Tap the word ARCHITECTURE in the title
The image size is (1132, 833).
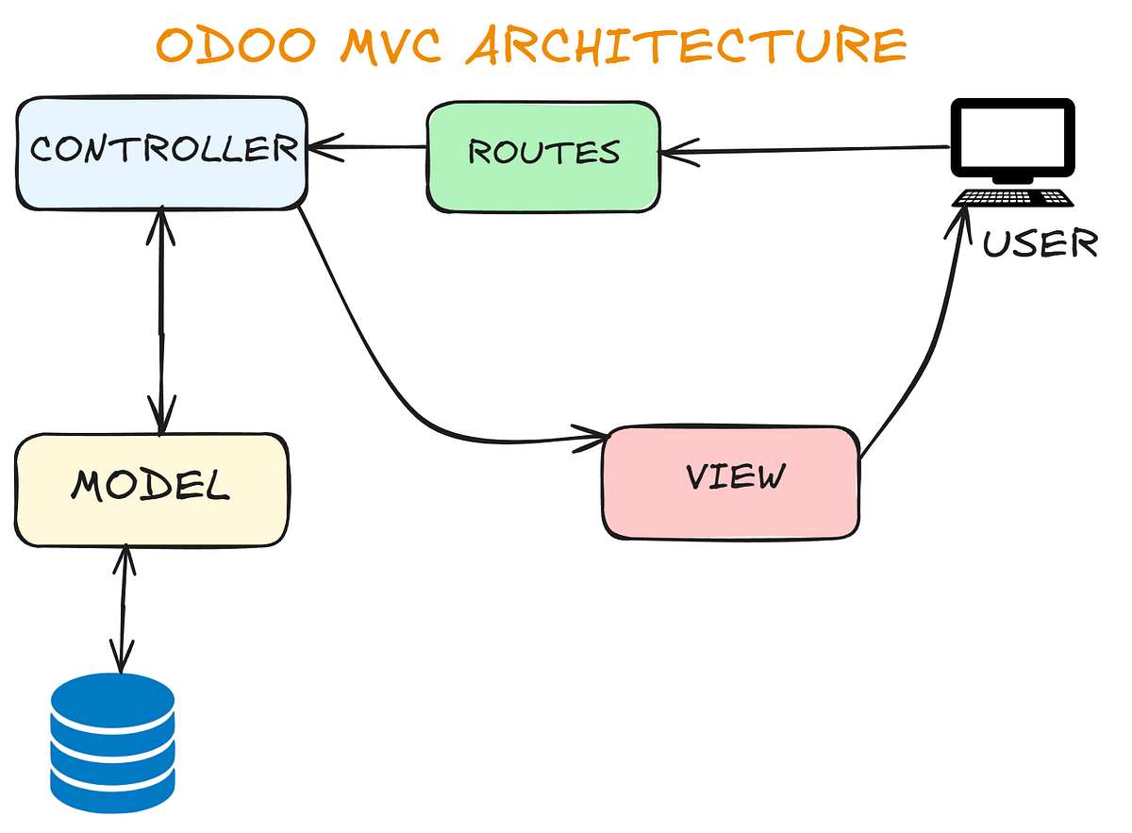pyautogui.click(x=687, y=44)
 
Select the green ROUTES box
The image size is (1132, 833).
pyautogui.click(x=543, y=156)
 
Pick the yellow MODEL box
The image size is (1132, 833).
pyautogui.click(x=151, y=488)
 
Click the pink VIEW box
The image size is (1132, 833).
pyautogui.click(x=731, y=481)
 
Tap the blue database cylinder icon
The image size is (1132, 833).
pyautogui.click(x=112, y=735)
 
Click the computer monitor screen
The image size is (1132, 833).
pyautogui.click(x=1011, y=138)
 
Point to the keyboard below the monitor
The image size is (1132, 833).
pyautogui.click(x=1012, y=198)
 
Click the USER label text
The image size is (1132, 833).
pyautogui.click(x=1040, y=243)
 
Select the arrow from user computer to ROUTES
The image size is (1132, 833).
pyautogui.click(x=802, y=148)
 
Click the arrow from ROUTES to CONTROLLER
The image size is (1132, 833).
pyautogui.click(x=368, y=147)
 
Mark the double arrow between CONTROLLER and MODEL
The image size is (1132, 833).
pyautogui.click(x=162, y=321)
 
